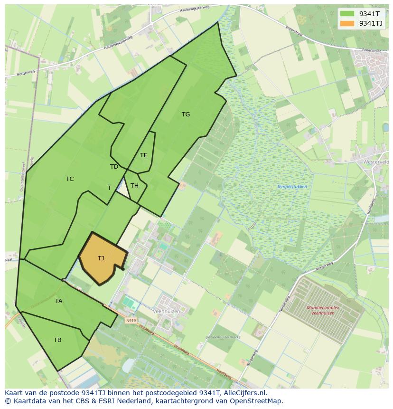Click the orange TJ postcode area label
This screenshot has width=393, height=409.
[x=101, y=258]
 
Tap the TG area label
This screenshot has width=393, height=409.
[x=186, y=114]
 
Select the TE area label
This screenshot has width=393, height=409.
[x=143, y=155]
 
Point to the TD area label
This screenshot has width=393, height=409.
[x=114, y=167]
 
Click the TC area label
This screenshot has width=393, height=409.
[x=70, y=179]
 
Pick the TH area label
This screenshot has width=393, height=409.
[x=134, y=186]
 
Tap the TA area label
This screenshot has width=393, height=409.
[x=58, y=301]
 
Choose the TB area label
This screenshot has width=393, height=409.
[x=57, y=340]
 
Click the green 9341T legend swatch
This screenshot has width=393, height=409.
[x=347, y=14]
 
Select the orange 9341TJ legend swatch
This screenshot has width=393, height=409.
[x=347, y=23]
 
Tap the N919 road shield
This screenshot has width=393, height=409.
[x=131, y=321]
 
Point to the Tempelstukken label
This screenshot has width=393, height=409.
[x=292, y=187]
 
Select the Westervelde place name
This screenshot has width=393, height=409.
[x=376, y=162]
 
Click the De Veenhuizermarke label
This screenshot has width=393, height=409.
[x=223, y=337]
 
